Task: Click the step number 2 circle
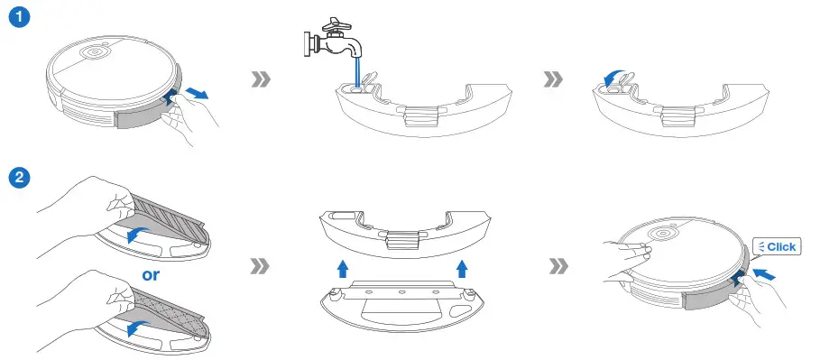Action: point(16,177)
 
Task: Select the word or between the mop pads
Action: point(150,274)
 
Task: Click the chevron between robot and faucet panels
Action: point(261,80)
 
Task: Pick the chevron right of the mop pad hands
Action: point(261,267)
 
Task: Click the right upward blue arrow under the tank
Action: point(462,267)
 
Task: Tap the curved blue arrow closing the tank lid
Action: point(615,79)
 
